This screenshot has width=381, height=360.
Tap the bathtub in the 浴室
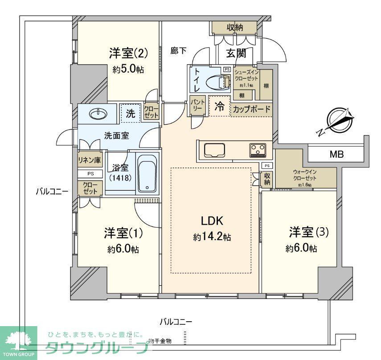click(147, 174)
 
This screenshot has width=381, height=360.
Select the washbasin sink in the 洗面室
click(98, 114)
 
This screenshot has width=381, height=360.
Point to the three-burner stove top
click(258, 150)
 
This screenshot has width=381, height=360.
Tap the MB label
click(336, 155)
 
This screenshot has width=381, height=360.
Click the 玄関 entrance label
click(236, 53)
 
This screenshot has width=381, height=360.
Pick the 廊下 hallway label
click(178, 51)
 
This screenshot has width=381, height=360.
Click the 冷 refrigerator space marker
click(219, 107)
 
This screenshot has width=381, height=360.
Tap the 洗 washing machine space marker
click(130, 113)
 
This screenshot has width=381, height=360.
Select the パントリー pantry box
click(197, 106)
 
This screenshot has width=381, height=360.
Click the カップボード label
click(251, 109)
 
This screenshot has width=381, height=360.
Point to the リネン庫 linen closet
click(88, 160)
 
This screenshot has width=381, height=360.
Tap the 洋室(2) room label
click(128, 54)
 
